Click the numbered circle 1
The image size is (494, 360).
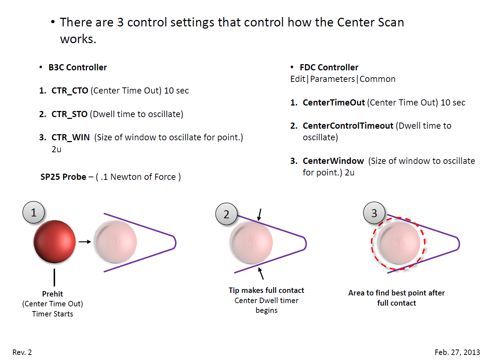(x=33, y=212)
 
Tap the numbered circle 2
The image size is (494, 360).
(x=226, y=214)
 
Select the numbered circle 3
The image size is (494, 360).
(x=374, y=213)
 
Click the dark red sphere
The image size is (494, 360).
(x=54, y=241)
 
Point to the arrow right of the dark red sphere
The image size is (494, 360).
(x=85, y=242)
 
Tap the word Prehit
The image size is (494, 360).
(x=53, y=294)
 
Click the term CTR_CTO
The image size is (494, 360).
(x=70, y=91)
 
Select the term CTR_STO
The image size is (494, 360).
(x=69, y=114)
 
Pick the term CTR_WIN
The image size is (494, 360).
(x=70, y=137)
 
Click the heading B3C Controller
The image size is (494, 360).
(x=78, y=67)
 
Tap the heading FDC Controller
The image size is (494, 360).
(x=329, y=67)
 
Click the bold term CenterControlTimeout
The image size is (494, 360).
(x=348, y=126)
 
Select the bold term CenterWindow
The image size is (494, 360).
(x=333, y=161)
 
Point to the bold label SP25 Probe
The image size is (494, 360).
(x=63, y=177)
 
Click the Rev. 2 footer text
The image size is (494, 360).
(x=22, y=352)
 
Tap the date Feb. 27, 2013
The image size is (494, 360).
(x=457, y=352)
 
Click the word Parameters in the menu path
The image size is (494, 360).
(x=332, y=79)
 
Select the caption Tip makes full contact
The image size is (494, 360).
(x=266, y=290)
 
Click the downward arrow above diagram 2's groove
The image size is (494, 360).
(x=260, y=215)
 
